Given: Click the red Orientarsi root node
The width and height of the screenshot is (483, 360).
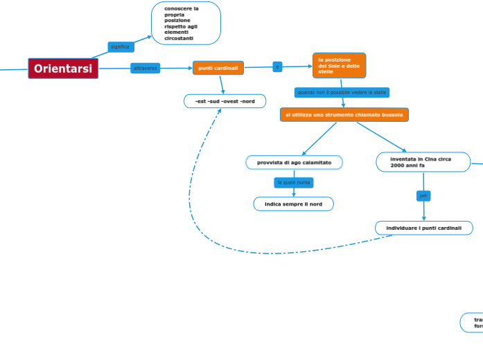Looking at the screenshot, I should click(x=63, y=69).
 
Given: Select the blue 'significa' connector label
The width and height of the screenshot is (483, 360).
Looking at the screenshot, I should click(x=121, y=47).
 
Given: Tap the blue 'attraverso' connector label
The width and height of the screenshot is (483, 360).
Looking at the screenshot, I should click(x=145, y=68).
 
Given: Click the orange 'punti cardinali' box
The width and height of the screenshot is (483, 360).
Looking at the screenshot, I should click(x=218, y=68).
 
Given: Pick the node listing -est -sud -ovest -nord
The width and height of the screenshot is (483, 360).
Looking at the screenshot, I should click(x=225, y=101).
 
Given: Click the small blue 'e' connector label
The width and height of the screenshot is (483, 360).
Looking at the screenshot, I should click(x=277, y=66).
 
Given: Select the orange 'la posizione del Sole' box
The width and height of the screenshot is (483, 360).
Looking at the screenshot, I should click(x=339, y=65).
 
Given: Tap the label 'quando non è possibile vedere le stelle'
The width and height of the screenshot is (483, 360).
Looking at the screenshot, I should click(x=342, y=92).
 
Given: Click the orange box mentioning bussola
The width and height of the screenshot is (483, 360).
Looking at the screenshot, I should click(x=344, y=114).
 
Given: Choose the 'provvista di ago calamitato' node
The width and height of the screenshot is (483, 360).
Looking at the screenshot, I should click(x=294, y=163).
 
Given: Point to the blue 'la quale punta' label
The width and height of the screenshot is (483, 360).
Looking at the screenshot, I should click(x=294, y=183).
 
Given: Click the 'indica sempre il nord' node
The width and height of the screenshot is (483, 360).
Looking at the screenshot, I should click(x=293, y=204).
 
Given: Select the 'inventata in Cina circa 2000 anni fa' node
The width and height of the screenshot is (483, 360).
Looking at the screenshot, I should click(x=423, y=162).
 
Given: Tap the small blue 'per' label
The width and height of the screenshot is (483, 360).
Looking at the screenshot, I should click(x=423, y=196).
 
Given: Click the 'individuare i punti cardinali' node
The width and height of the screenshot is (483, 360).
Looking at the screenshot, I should click(x=423, y=228).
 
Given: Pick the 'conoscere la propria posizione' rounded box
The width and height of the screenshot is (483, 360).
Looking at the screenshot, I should click(x=186, y=24).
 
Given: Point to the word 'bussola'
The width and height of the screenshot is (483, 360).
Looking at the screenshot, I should click(x=392, y=115).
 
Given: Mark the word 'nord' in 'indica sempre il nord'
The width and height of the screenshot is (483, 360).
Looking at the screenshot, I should click(x=315, y=204).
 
